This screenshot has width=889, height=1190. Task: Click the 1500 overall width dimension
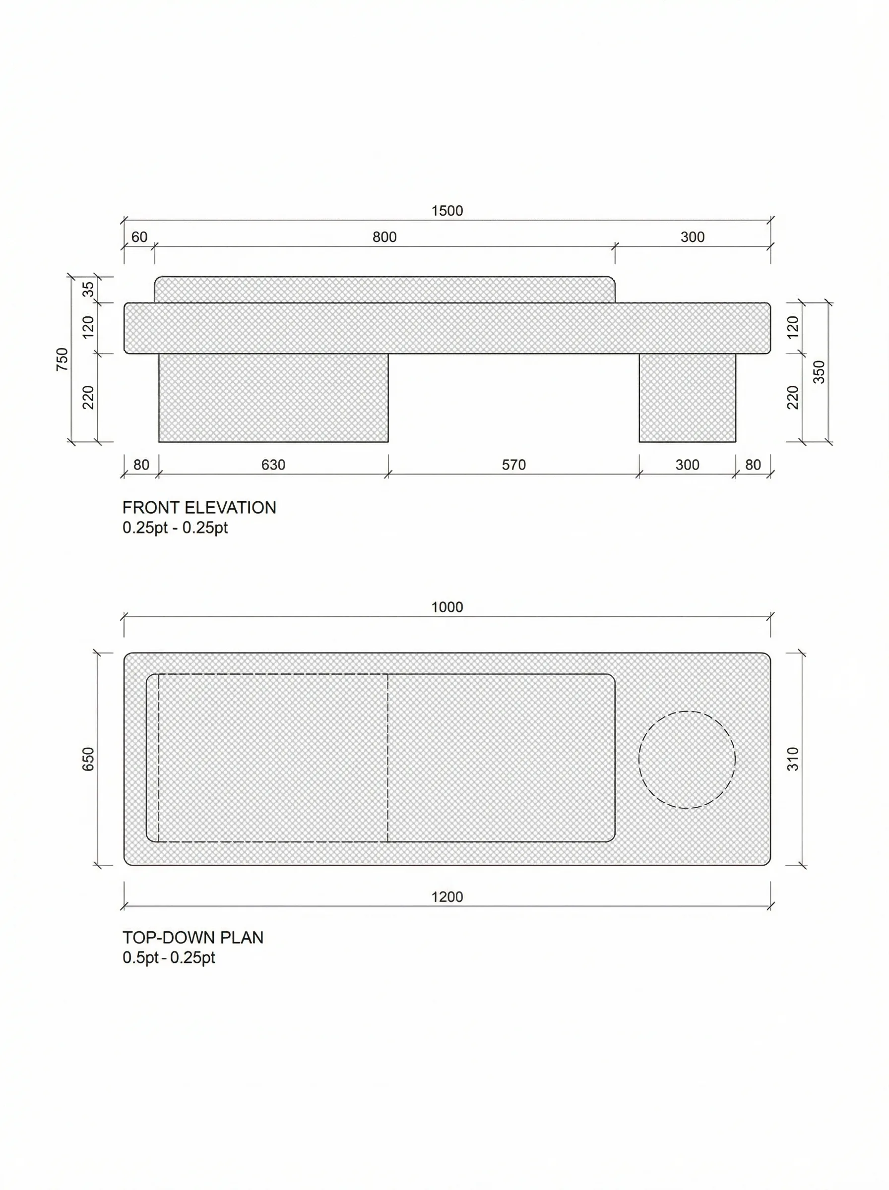pyautogui.click(x=446, y=211)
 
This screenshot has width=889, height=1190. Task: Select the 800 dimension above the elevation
pyautogui.click(x=384, y=237)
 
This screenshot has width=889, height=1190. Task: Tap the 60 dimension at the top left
pyautogui.click(x=139, y=237)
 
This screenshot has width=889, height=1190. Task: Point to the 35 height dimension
pyautogui.click(x=88, y=289)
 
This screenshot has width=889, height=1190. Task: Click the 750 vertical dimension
pyautogui.click(x=63, y=359)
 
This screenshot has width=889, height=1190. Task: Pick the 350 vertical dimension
pyautogui.click(x=819, y=371)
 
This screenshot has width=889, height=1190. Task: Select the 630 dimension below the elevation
pyautogui.click(x=273, y=465)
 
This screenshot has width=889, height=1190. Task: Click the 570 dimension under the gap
pyautogui.click(x=513, y=465)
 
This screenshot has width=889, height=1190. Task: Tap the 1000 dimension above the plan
pyautogui.click(x=446, y=607)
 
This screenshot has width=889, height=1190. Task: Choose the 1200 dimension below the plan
pyautogui.click(x=446, y=897)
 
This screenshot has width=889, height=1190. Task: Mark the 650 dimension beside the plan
pyautogui.click(x=88, y=759)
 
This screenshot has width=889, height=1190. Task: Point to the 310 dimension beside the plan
pyautogui.click(x=793, y=759)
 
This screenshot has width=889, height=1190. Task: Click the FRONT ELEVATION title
pyautogui.click(x=199, y=508)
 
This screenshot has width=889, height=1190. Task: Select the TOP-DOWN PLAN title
pyautogui.click(x=192, y=937)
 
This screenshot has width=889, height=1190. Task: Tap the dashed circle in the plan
pyautogui.click(x=687, y=760)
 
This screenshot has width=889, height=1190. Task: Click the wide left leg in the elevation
pyautogui.click(x=273, y=398)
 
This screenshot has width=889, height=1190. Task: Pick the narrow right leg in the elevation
pyautogui.click(x=687, y=398)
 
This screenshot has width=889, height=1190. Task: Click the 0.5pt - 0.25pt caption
pyautogui.click(x=169, y=957)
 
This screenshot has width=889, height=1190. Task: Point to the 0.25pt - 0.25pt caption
pyautogui.click(x=175, y=528)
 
